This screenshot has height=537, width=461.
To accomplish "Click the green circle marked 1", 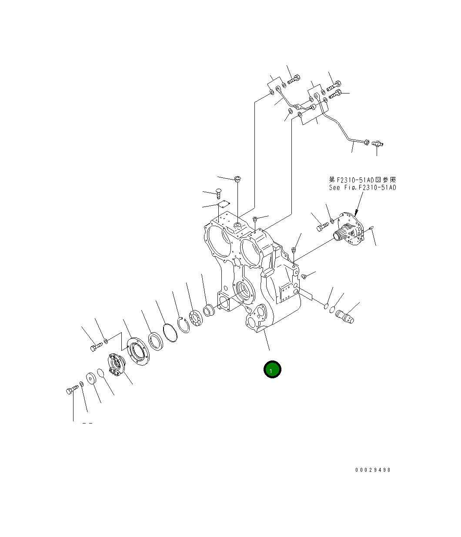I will point(272,370).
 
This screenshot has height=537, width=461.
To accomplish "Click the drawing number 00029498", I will point(373,470).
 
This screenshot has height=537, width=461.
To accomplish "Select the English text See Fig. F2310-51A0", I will point(362,188).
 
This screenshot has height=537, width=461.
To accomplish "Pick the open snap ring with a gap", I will point(184,325).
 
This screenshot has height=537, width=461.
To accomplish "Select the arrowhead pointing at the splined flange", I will point(356,213).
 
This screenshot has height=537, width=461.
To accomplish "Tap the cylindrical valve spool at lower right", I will point(345,317).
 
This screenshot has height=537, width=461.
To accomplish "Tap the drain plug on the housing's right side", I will point(304,276).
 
